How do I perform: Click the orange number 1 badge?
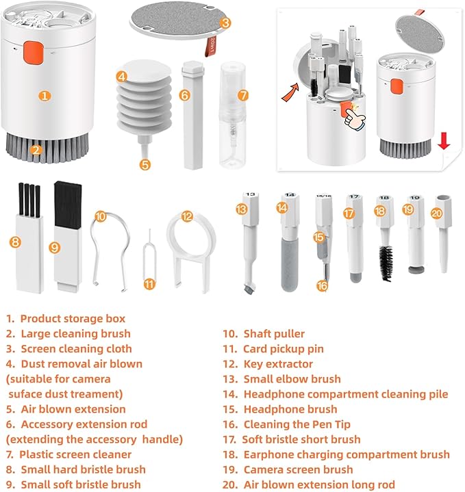pyautogui.click(x=45, y=96)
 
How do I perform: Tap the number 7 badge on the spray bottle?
pyautogui.click(x=243, y=95)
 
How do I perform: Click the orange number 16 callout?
pyautogui.click(x=322, y=286)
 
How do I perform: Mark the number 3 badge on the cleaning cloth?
pyautogui.click(x=225, y=23)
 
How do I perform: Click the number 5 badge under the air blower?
pyautogui.click(x=144, y=164)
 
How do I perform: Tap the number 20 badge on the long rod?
pyautogui.click(x=437, y=212)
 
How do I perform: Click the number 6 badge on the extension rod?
pyautogui.click(x=184, y=95)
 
